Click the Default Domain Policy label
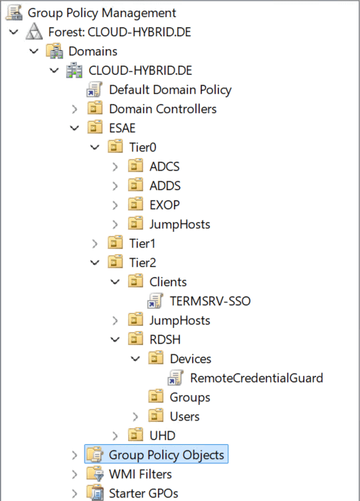(x=170, y=90)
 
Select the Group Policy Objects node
(x=166, y=455)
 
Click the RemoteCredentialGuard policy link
(x=257, y=378)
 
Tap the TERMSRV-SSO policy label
(x=210, y=301)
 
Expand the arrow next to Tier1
(x=95, y=244)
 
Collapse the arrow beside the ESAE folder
(x=75, y=128)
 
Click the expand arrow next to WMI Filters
(x=75, y=475)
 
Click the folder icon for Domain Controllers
(x=95, y=109)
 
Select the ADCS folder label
(x=164, y=167)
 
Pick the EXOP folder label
(x=164, y=205)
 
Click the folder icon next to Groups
(x=157, y=397)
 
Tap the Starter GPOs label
(x=144, y=493)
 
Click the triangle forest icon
(x=34, y=31)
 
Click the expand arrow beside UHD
(x=115, y=436)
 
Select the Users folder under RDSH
(x=185, y=416)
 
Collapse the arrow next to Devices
(x=135, y=359)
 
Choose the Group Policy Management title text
(x=102, y=13)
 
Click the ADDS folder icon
(x=136, y=185)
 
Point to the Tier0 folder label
(x=143, y=147)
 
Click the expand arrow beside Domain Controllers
(x=75, y=110)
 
